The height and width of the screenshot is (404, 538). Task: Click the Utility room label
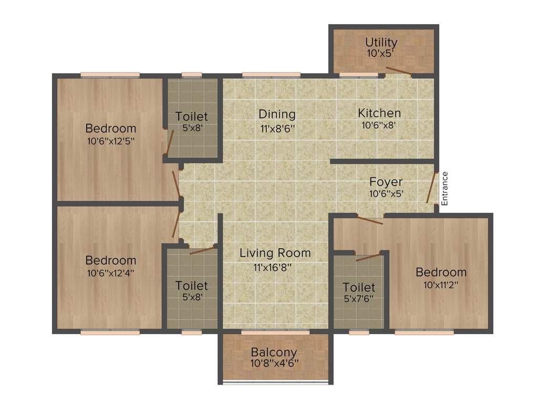tap(381, 42)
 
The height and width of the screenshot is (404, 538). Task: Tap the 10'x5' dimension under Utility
tap(381, 53)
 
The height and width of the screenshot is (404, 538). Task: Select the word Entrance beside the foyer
tap(444, 188)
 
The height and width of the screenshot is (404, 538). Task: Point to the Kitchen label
tap(379, 113)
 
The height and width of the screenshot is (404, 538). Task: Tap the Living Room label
tap(275, 253)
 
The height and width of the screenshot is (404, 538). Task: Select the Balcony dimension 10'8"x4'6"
tap(273, 363)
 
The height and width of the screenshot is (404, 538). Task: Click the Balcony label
tap(273, 352)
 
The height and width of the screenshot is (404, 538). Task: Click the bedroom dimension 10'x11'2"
tap(440, 285)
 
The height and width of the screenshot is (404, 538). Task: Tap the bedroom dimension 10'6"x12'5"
tap(110, 140)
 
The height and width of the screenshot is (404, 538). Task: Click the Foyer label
tap(386, 182)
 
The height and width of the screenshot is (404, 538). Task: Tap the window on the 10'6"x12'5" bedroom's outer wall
tap(110, 75)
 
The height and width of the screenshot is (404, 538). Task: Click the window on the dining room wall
tap(271, 75)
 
